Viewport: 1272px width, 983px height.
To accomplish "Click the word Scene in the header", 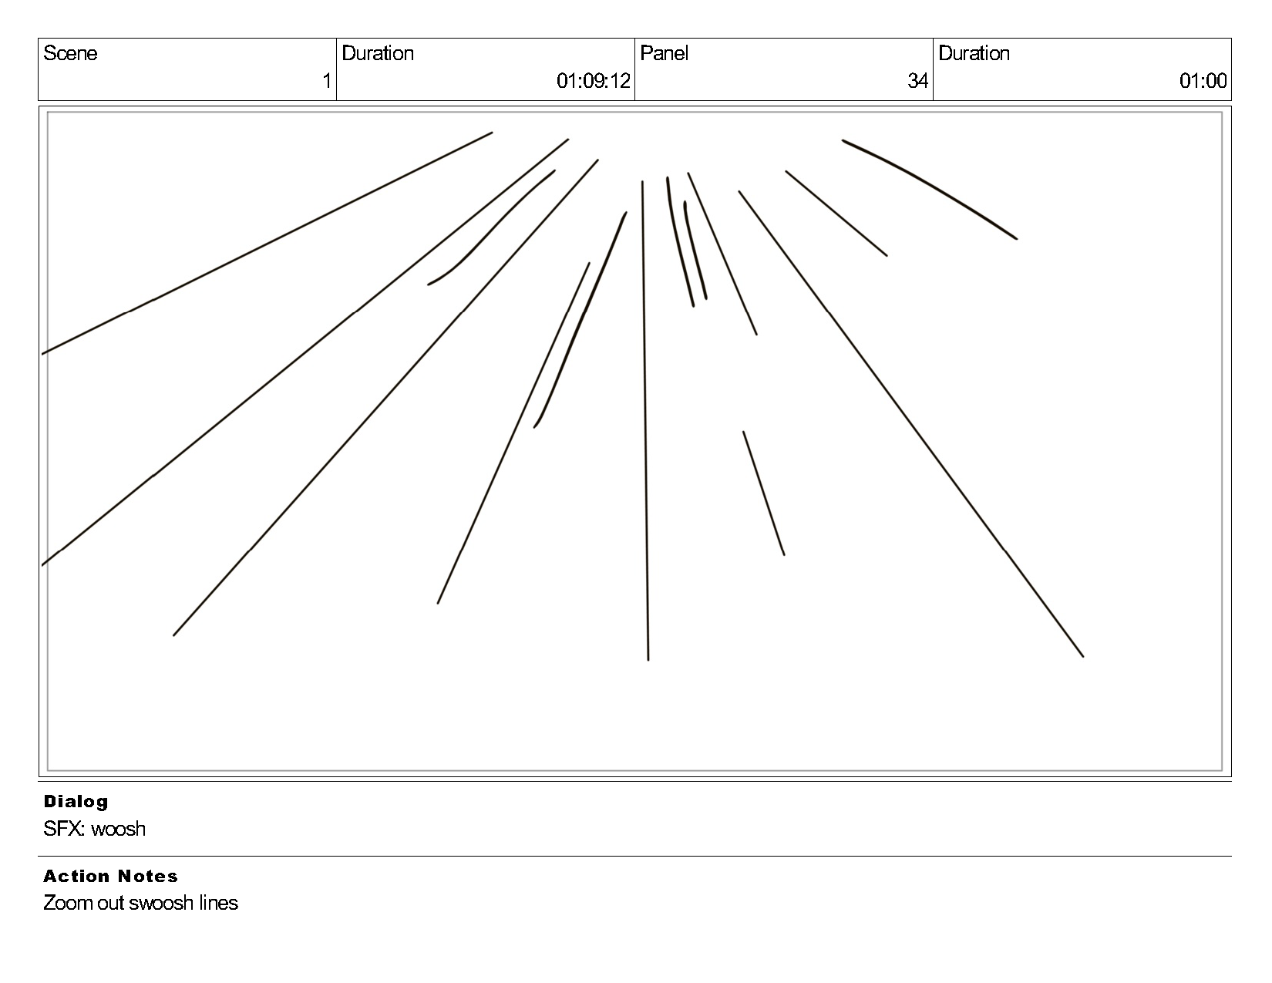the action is [70, 53].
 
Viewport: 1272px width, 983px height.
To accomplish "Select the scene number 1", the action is [327, 81].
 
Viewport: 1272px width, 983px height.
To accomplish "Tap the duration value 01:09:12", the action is [593, 81].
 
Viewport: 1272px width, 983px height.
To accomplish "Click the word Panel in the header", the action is [664, 53].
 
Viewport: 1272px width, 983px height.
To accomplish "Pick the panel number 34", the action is [917, 81].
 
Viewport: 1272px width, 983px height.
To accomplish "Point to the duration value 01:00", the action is [1203, 81].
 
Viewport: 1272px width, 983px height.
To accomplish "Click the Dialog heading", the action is [76, 801].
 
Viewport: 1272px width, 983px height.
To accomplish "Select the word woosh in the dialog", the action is [118, 829].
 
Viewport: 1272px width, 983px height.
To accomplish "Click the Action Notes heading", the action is [110, 876].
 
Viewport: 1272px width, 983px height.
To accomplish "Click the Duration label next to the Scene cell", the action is [378, 53].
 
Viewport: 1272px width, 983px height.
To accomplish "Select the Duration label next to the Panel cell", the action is [974, 53].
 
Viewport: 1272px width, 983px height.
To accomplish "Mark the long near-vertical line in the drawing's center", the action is [645, 420].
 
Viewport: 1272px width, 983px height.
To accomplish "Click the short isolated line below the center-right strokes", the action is [763, 493].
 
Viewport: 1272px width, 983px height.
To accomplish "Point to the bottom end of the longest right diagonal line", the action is [1082, 655].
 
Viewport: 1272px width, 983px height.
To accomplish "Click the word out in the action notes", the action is [111, 903].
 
